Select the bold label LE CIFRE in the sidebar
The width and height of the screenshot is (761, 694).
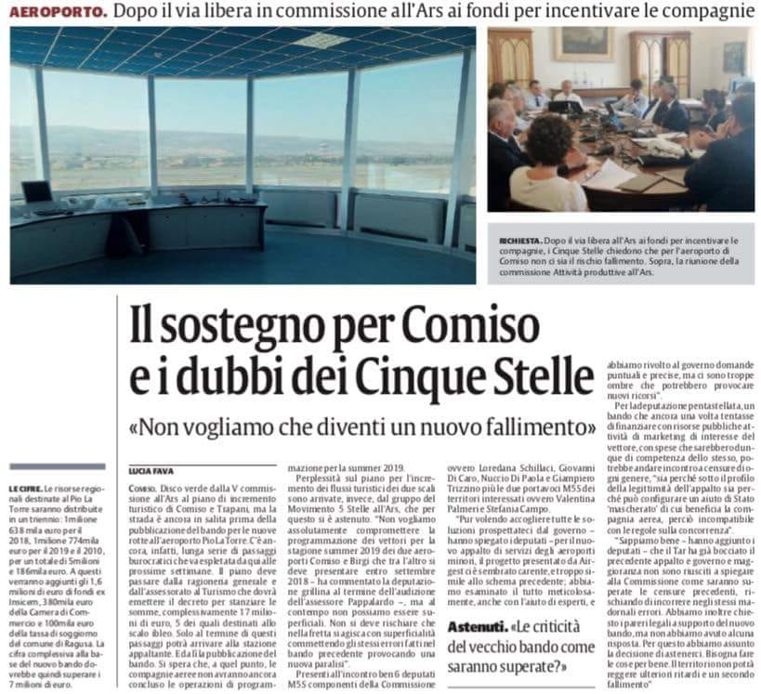(25, 487)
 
